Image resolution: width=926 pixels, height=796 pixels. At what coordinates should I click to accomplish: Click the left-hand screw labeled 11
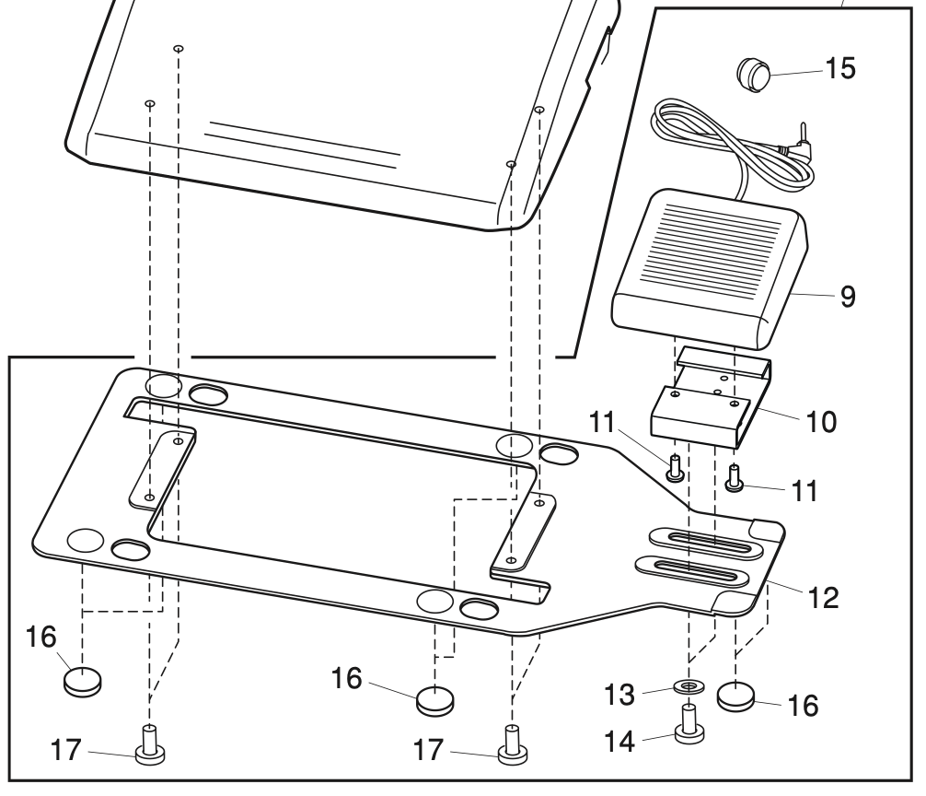(675, 467)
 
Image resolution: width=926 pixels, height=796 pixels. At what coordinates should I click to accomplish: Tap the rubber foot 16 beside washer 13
(735, 693)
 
